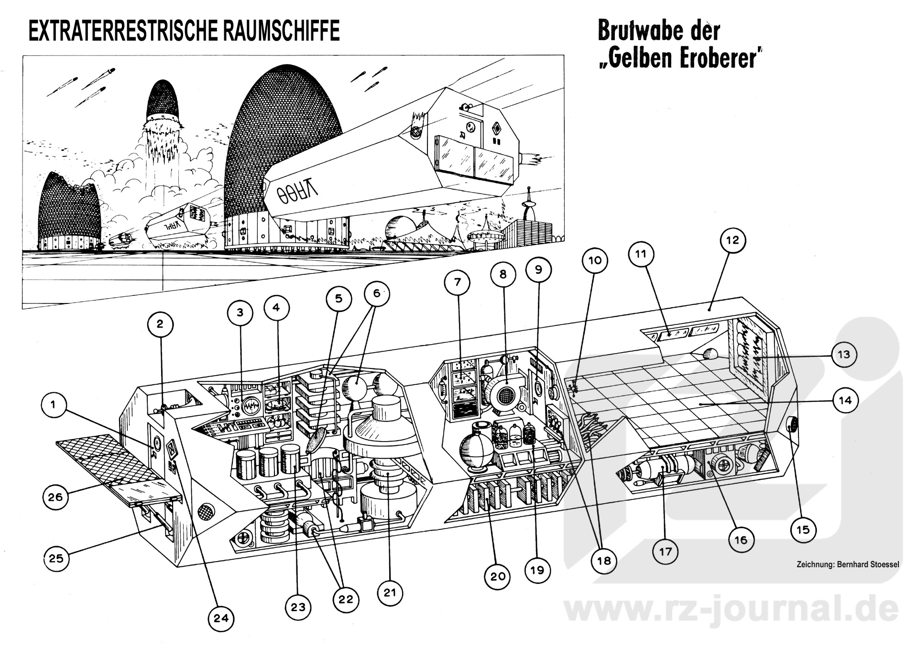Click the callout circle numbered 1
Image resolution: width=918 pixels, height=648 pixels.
coord(53,405)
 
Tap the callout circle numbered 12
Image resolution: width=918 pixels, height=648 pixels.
coord(732,240)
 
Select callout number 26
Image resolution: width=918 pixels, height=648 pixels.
coord(55,497)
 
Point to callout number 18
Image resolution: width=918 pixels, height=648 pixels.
coord(604,560)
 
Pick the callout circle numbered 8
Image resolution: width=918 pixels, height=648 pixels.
coord(503,274)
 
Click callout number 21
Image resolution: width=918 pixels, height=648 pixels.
coord(390,593)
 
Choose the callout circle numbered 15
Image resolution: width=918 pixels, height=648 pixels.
coord(803,529)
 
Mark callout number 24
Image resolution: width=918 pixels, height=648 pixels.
coord(221,618)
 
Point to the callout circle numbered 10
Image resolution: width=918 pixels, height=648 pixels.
coord(595,260)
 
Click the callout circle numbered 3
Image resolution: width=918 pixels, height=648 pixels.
coord(240,313)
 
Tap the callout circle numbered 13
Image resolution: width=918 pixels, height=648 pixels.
coord(844,355)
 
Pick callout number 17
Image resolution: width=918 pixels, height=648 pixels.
coord(666,552)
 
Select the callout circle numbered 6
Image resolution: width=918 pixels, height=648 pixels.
coord(376,293)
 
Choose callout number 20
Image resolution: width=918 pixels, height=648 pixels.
coord(498,576)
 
